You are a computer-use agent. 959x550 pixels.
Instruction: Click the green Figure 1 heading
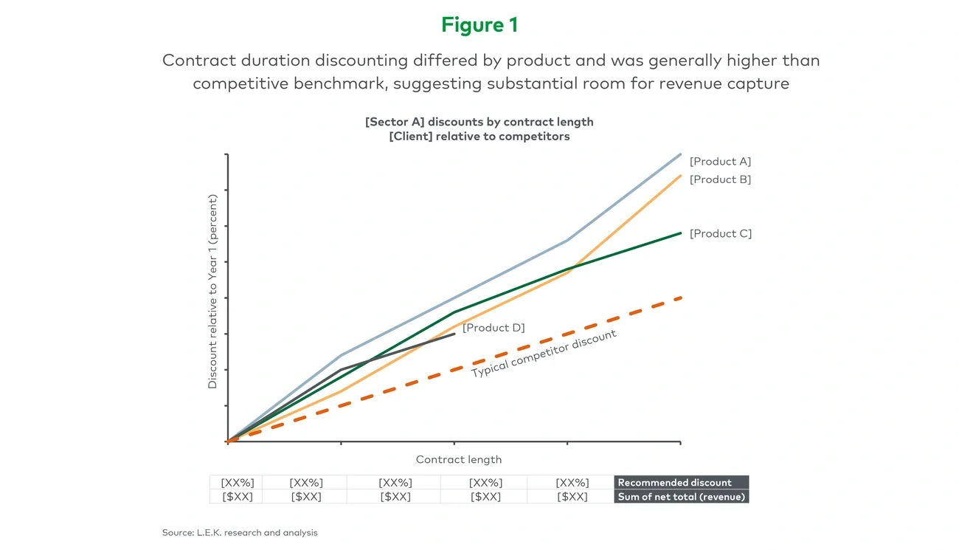point(479,25)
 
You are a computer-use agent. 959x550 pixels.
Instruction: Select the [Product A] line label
point(720,162)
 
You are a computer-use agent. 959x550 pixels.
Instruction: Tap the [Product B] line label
point(720,179)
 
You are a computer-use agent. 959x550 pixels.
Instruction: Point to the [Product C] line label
point(720,233)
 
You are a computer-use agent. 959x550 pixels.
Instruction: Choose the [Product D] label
point(494,328)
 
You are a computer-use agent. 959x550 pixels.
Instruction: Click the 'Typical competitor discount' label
point(544,354)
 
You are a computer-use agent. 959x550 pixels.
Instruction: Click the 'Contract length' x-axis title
point(458,459)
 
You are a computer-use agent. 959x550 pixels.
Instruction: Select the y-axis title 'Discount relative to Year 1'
point(212,291)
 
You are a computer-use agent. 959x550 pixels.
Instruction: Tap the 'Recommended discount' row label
point(674,483)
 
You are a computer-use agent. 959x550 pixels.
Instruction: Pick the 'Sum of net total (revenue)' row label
point(682,497)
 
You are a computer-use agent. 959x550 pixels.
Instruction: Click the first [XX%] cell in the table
point(237,483)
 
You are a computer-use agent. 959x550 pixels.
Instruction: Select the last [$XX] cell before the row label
point(572,497)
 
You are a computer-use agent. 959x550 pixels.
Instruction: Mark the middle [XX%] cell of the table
point(395,483)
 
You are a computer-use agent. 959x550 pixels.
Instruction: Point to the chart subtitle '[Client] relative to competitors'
point(479,137)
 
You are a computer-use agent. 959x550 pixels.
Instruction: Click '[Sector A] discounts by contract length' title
point(479,122)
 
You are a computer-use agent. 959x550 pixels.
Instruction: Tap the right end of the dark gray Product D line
point(454,334)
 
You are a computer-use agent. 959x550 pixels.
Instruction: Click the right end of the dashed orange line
point(679,298)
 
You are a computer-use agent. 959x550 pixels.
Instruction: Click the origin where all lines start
point(228,441)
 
